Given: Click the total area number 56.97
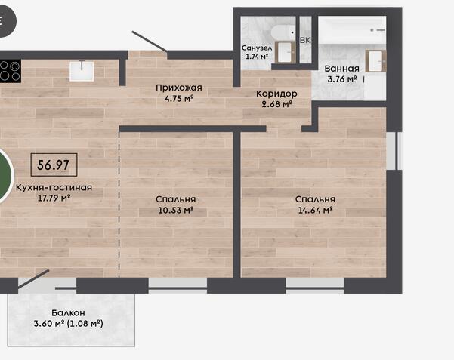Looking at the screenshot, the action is tap(54, 165).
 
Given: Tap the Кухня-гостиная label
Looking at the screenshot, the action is tap(54, 187).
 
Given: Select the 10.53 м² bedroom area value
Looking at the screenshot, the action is tap(175, 210).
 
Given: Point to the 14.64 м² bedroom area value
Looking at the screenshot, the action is tap(315, 210).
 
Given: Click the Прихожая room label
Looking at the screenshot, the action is tap(178, 88).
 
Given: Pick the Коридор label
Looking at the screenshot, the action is tap(276, 94).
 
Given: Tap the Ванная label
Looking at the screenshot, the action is tap(341, 69).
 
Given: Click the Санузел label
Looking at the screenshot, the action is tap(257, 48).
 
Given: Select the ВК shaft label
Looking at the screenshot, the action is tap(305, 40).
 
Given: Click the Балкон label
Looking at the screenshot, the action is tap(68, 312).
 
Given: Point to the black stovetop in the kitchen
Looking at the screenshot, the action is tap(11, 71).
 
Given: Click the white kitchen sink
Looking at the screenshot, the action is tap(82, 71).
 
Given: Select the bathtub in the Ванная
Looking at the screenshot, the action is tap(352, 30).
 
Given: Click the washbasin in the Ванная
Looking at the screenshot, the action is tap(375, 61).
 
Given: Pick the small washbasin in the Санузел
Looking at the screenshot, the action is tap(286, 52).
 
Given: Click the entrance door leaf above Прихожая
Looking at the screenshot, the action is tap(150, 42).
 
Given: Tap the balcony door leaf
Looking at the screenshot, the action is tap(33, 279).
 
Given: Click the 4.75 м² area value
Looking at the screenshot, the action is tap(179, 98).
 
